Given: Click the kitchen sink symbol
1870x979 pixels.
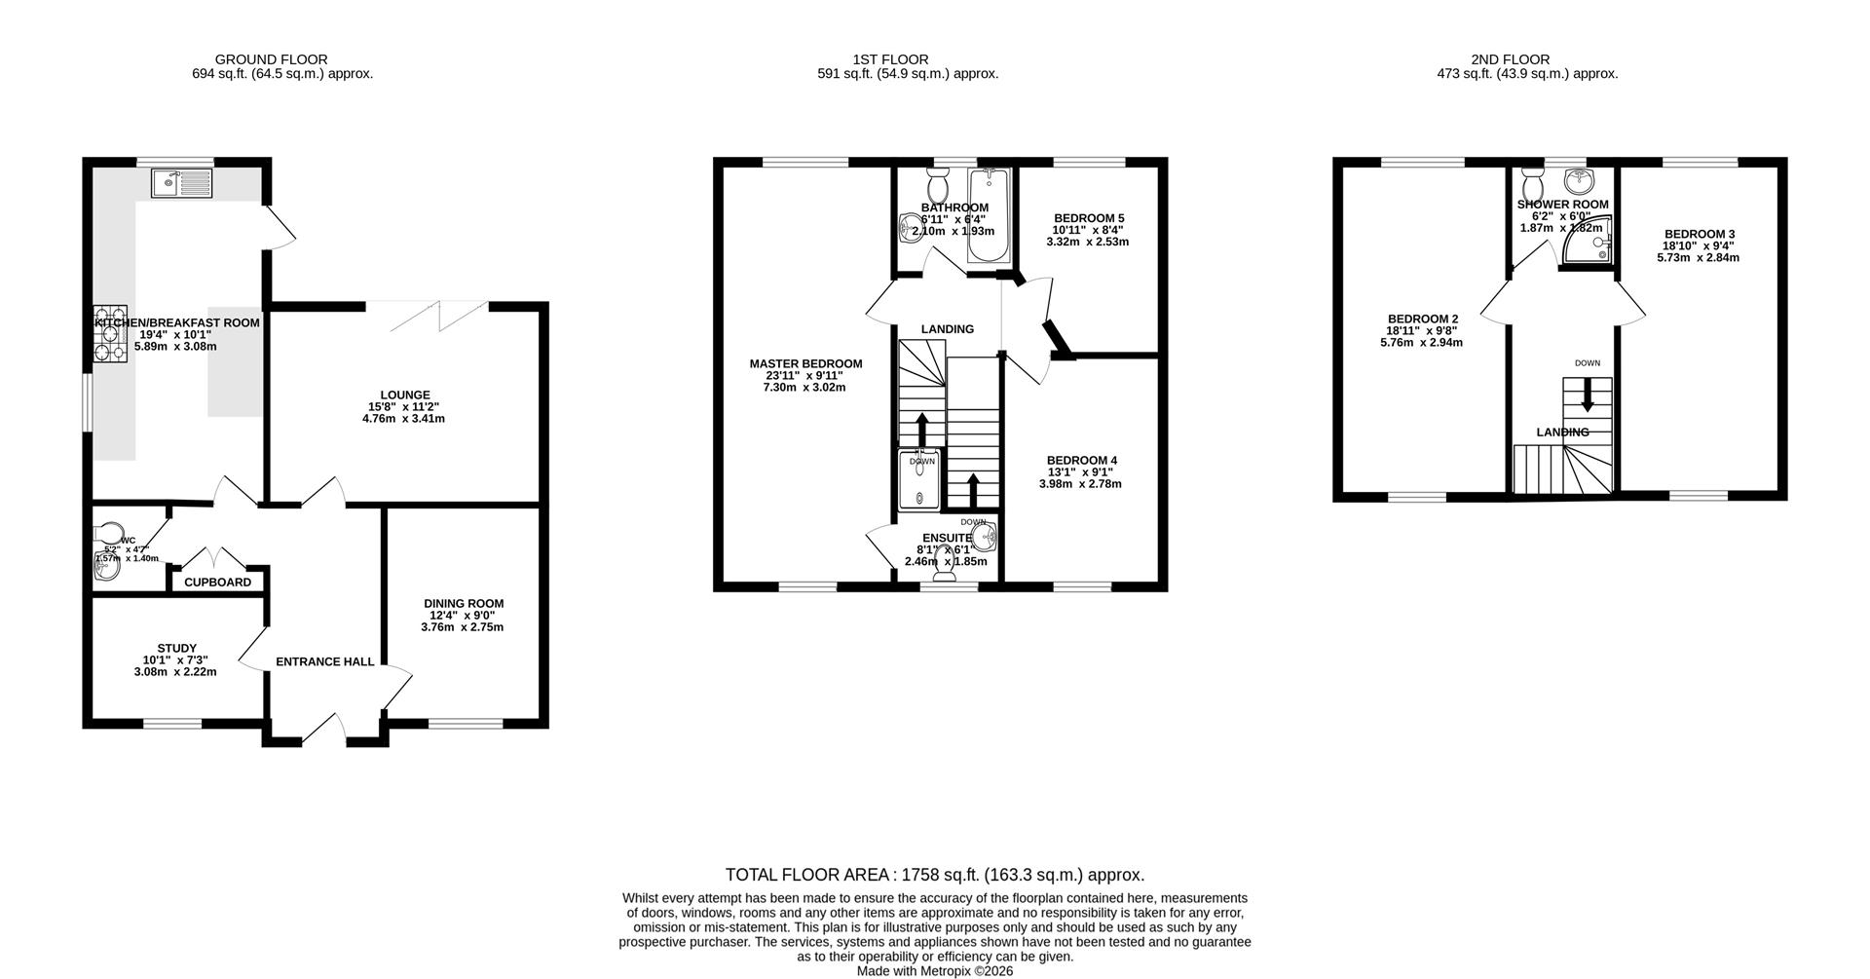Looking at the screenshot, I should (x=181, y=182).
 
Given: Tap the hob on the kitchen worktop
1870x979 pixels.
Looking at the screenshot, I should (x=109, y=334).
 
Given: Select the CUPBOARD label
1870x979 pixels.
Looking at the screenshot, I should (x=217, y=583).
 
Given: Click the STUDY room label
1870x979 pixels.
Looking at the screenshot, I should (x=176, y=648).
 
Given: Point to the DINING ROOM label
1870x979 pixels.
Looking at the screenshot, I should (x=464, y=603).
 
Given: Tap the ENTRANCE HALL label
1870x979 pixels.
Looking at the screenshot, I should (x=324, y=661).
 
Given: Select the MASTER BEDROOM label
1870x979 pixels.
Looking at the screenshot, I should (x=805, y=363).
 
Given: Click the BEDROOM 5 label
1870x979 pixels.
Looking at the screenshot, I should (x=1088, y=218).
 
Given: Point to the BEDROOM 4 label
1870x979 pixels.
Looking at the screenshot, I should (x=1081, y=460).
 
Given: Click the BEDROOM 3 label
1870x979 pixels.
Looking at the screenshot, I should (x=1699, y=234).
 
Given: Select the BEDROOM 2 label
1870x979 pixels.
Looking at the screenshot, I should (x=1422, y=319).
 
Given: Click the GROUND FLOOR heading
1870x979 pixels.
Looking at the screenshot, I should (x=271, y=59).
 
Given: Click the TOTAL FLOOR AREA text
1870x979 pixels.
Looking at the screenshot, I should (x=934, y=875).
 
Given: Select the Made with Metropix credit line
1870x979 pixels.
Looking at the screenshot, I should (x=934, y=971).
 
